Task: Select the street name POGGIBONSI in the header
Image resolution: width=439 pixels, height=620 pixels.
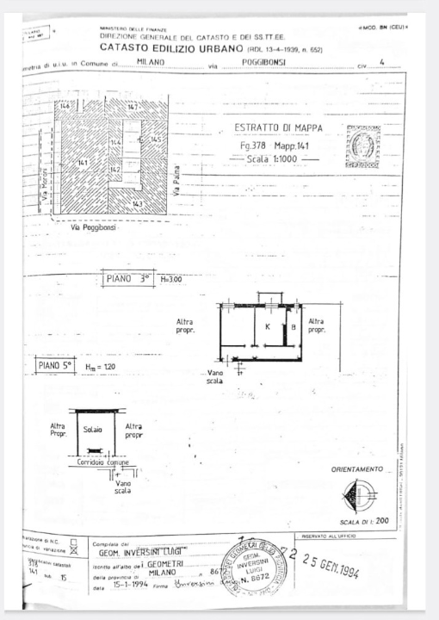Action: coord(263,63)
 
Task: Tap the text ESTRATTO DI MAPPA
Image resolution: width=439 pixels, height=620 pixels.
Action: coord(279,128)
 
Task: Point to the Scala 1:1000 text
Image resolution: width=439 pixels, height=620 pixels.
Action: coord(279,160)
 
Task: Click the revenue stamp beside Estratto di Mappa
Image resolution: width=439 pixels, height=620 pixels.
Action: coord(362,146)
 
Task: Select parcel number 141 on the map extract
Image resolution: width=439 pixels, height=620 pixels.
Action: coord(83,162)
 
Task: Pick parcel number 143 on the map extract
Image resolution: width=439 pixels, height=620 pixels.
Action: coord(137,203)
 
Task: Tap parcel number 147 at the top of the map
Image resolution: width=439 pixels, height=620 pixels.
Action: coord(132,106)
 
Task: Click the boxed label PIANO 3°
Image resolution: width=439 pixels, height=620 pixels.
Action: coord(129,279)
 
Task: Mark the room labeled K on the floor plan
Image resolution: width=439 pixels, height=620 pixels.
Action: coord(268,326)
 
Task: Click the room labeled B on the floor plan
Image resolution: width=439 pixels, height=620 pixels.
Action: coord(293,326)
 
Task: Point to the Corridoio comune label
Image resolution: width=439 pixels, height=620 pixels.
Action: coord(103,462)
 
